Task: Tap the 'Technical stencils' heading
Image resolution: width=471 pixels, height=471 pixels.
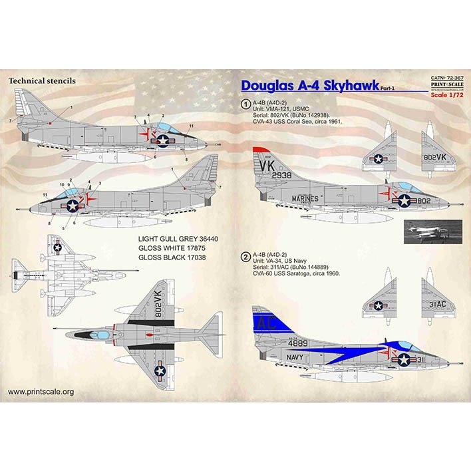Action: pyautogui.click(x=41, y=80)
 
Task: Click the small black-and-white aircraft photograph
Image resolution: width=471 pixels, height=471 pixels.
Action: pyautogui.click(x=433, y=231)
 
